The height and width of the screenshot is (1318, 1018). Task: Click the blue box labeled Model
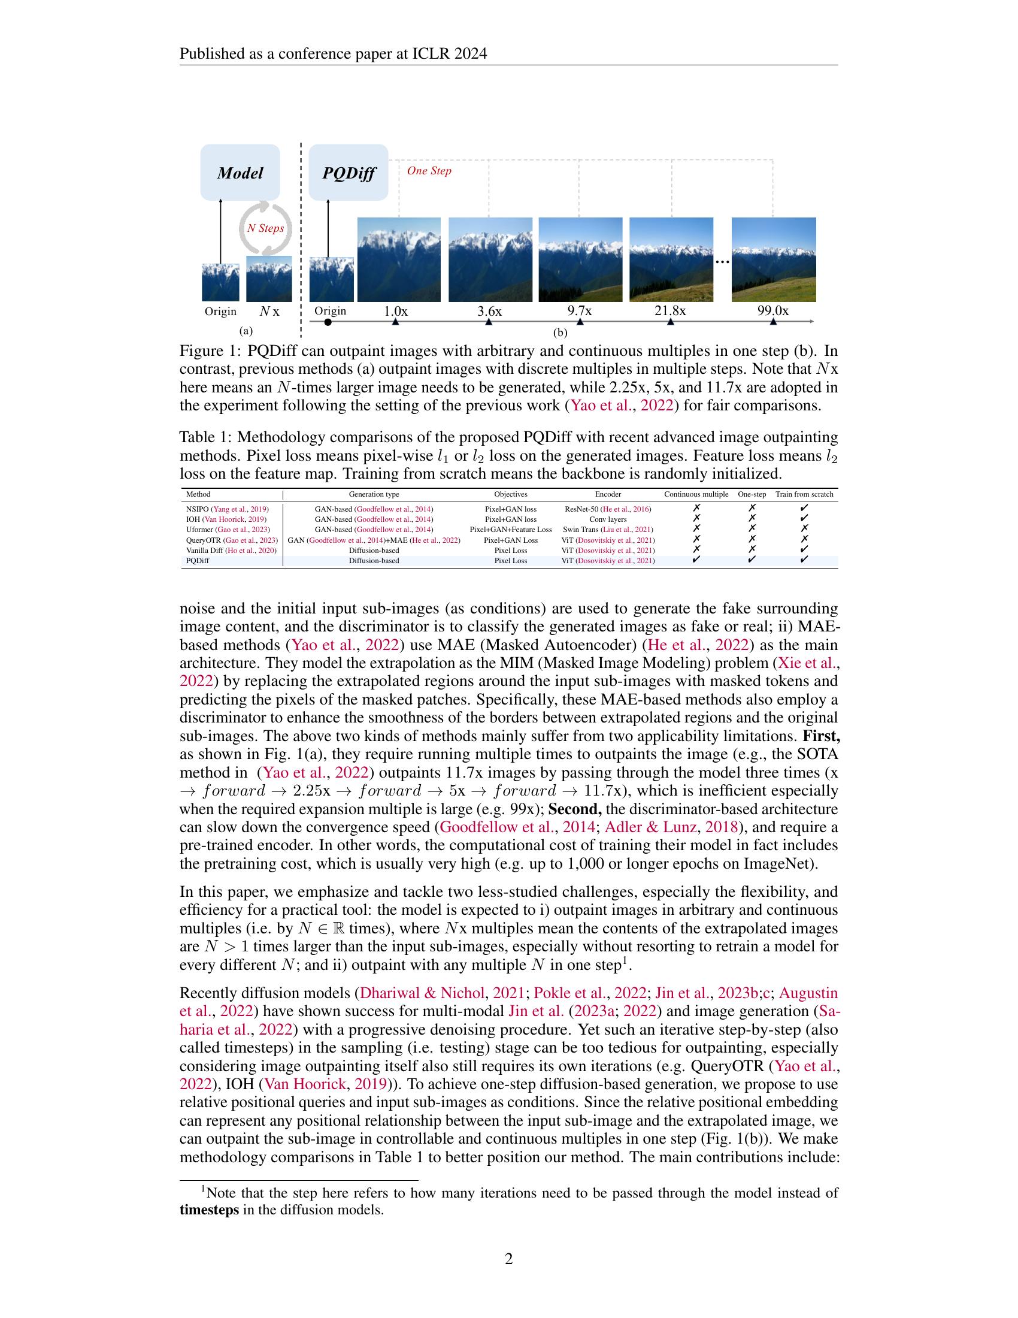click(x=240, y=173)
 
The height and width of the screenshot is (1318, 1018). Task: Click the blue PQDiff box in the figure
click(x=348, y=173)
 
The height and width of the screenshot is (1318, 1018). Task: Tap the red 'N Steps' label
click(x=265, y=229)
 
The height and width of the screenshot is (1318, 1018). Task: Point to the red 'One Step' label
click(x=429, y=171)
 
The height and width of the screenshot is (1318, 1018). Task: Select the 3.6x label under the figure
click(x=489, y=312)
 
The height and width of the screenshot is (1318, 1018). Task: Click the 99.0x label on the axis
click(x=772, y=312)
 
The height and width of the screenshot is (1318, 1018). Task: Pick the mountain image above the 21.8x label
click(x=671, y=259)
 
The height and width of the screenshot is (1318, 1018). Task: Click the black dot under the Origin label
click(x=328, y=322)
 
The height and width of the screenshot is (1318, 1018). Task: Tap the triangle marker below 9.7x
click(x=580, y=322)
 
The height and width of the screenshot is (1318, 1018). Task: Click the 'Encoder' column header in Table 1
click(x=608, y=494)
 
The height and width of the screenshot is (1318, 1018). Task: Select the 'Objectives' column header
click(x=511, y=494)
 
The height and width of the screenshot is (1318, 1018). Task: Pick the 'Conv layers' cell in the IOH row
click(x=608, y=519)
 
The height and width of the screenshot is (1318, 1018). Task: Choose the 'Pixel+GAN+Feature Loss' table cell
click(x=511, y=530)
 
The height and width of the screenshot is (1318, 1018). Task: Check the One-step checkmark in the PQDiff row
click(x=752, y=560)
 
